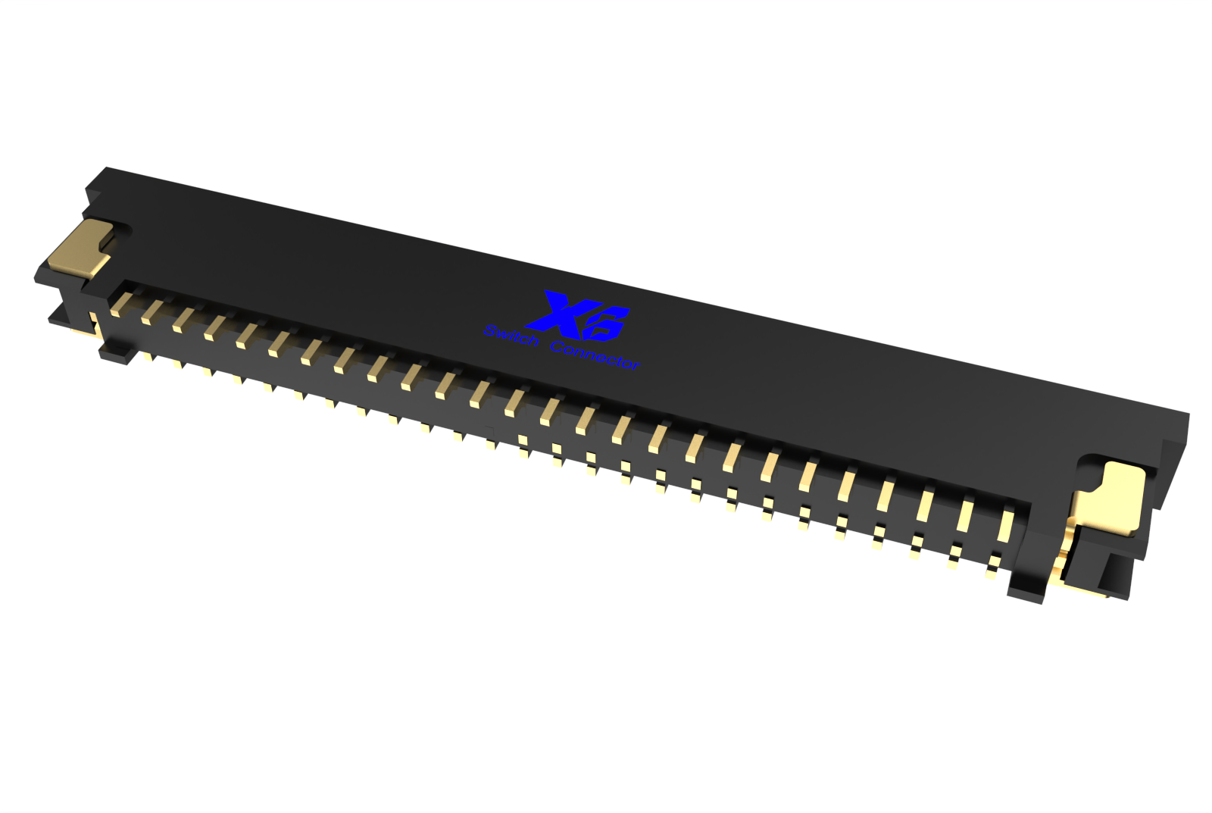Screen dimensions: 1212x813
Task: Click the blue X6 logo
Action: (x=578, y=317)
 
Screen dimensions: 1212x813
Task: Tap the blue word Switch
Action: (x=511, y=336)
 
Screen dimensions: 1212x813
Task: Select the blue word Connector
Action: (x=595, y=356)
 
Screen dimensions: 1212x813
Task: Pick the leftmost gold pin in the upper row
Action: (x=120, y=304)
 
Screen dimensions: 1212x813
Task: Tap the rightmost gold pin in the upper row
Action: (x=1005, y=525)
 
